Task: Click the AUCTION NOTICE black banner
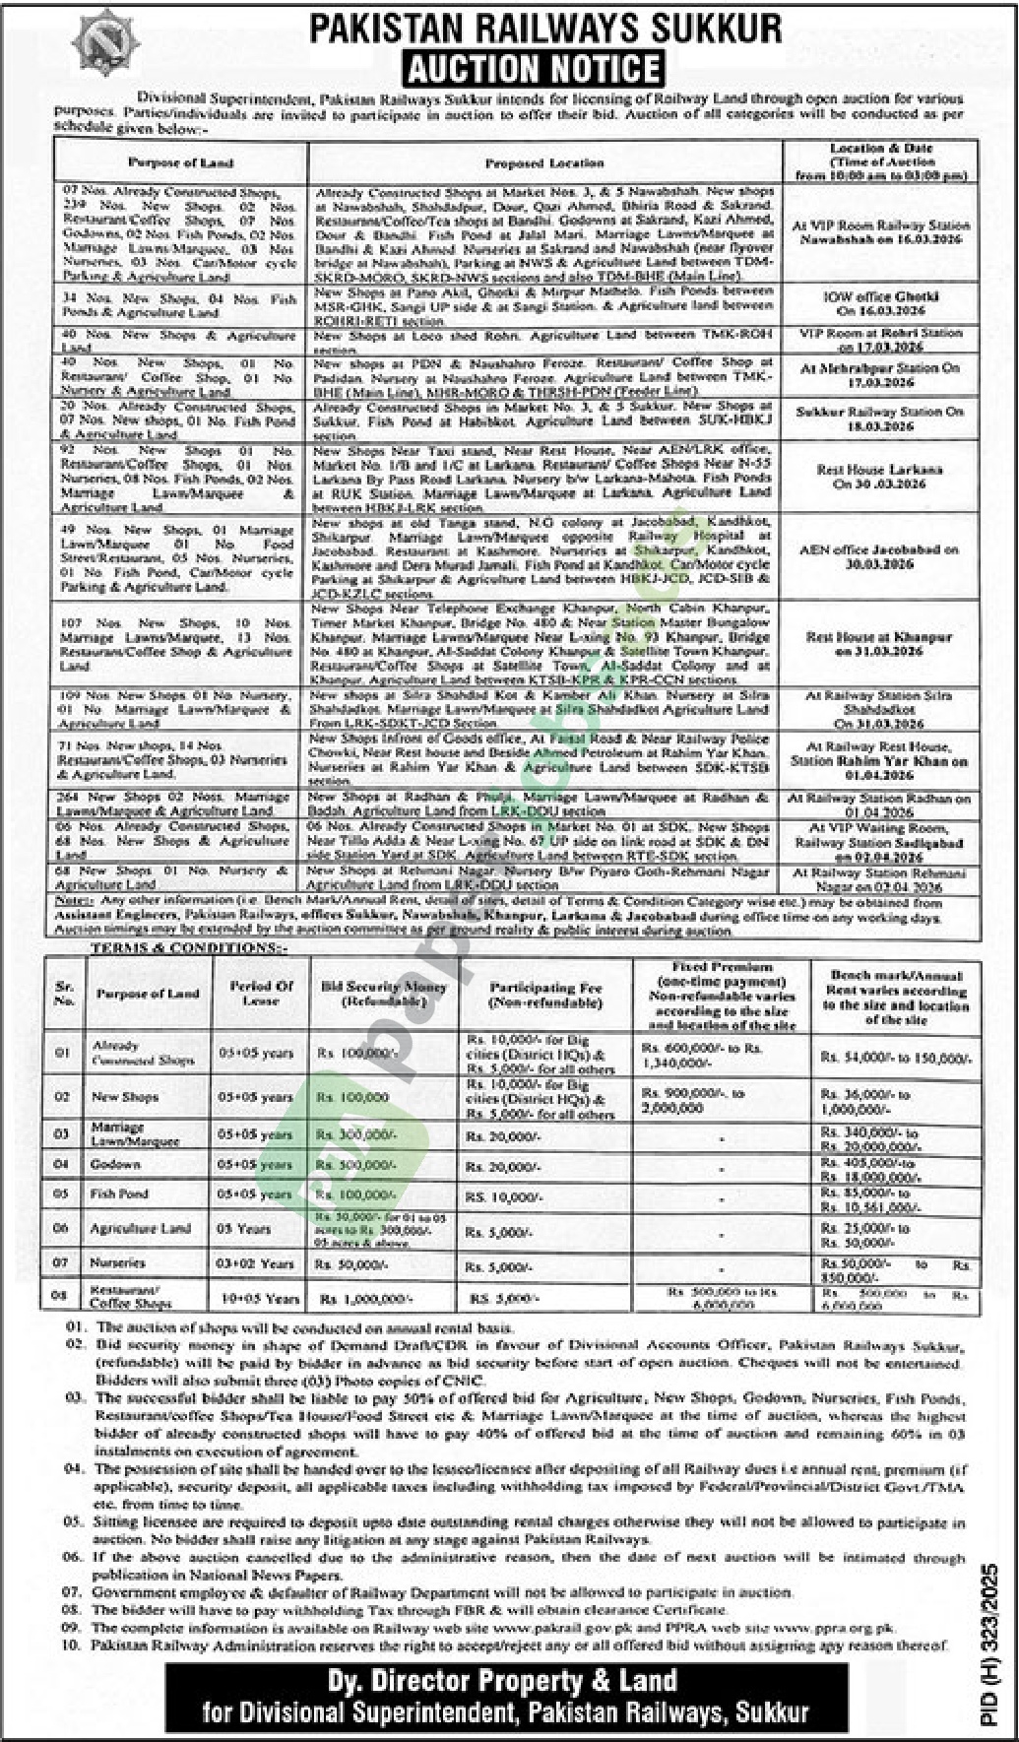[x=533, y=68]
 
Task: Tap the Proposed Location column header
[x=544, y=163]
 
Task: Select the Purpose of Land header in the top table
[x=179, y=162]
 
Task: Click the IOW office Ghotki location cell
[x=880, y=302]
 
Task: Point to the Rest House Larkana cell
[x=880, y=477]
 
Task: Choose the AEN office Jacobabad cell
[x=879, y=557]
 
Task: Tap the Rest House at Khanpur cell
[x=879, y=644]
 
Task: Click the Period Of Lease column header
[x=262, y=993]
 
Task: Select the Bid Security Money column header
[x=383, y=993]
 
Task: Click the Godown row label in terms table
[x=115, y=1164]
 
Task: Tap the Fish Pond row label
[x=119, y=1194]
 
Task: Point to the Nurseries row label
[x=117, y=1262]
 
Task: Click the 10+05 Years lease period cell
[x=261, y=1299]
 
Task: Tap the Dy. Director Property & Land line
[x=508, y=1681]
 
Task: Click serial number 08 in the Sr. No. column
[x=62, y=1297]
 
